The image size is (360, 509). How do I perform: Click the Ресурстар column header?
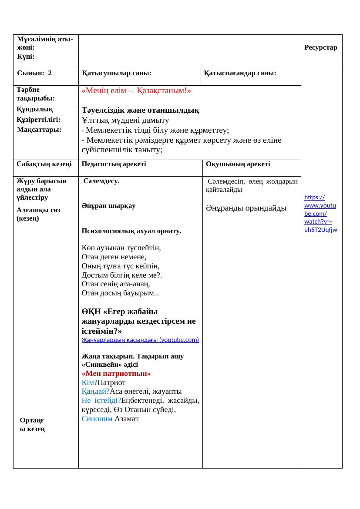[x=321, y=47]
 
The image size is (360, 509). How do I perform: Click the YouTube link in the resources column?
[x=321, y=213]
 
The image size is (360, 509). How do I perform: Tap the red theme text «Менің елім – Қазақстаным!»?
[x=136, y=91]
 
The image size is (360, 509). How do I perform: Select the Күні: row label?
[x=26, y=57]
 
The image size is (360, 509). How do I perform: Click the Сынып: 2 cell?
[x=34, y=74]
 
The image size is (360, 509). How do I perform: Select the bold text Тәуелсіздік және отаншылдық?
[x=141, y=110]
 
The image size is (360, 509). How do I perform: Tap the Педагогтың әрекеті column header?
[x=114, y=164]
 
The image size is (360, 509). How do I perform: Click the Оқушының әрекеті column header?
[x=238, y=164]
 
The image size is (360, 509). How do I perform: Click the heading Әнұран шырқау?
[x=108, y=206]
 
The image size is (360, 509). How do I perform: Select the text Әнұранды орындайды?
[x=246, y=208]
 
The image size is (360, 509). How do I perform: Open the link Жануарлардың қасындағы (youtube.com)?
[x=140, y=340]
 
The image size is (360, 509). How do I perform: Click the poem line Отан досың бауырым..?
[x=120, y=293]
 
